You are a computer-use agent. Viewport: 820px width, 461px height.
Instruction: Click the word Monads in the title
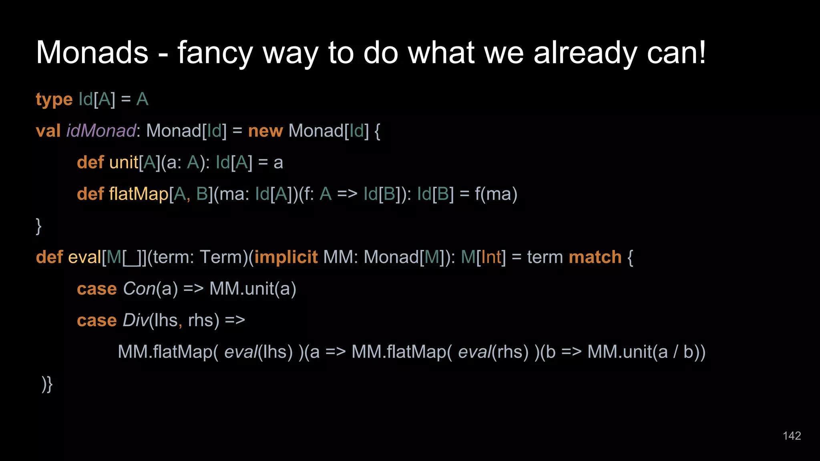coord(92,52)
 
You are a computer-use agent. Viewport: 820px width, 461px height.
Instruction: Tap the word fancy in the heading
coord(215,53)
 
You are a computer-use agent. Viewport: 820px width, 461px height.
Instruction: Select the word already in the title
coord(585,53)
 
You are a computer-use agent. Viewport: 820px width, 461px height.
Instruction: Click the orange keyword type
coord(54,100)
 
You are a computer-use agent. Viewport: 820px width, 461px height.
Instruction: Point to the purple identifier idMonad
coord(101,131)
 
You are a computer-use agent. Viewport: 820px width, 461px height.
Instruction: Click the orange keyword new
coord(265,131)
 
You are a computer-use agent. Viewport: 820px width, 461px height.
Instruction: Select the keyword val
coord(48,131)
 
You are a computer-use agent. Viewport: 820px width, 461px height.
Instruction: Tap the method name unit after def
coord(123,162)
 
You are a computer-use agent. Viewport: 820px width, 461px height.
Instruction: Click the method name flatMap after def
coord(139,194)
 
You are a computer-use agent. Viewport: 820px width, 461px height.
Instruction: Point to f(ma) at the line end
coord(496,194)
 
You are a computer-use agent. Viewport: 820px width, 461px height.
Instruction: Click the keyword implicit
coord(286,257)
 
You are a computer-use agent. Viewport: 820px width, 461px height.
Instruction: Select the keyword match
coord(595,257)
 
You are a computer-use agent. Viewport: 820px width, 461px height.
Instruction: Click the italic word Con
coord(139,289)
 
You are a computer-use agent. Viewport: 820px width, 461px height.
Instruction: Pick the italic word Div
coord(135,320)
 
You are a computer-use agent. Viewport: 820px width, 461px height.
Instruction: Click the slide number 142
coord(792,436)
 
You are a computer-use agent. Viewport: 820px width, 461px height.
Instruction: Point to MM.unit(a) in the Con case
coord(253,289)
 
